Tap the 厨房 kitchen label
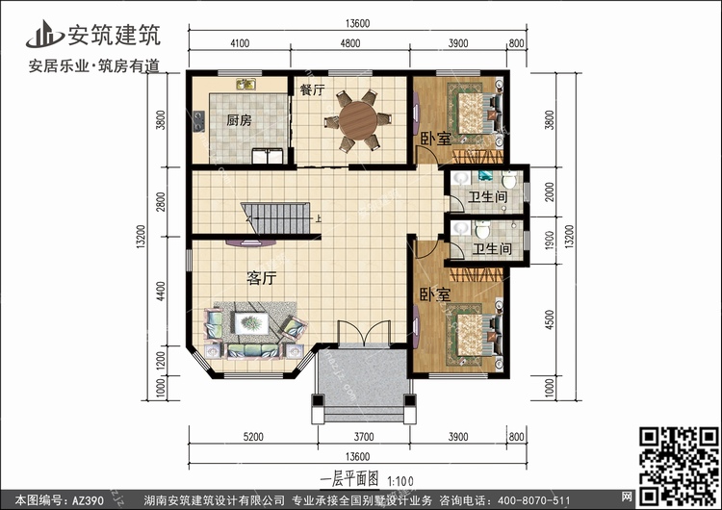(x=239, y=120)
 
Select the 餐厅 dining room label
(x=312, y=89)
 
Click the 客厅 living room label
(x=261, y=278)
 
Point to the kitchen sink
(x=246, y=85)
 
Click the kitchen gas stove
(x=199, y=121)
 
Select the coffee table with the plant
(x=251, y=323)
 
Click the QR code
(x=679, y=466)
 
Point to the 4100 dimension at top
(x=240, y=43)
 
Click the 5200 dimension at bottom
(x=253, y=436)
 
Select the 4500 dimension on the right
(x=550, y=319)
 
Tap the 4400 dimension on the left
(x=160, y=292)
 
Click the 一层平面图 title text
(x=349, y=479)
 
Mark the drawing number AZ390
(x=87, y=500)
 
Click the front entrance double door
(x=364, y=333)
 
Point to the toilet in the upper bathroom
(x=509, y=179)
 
